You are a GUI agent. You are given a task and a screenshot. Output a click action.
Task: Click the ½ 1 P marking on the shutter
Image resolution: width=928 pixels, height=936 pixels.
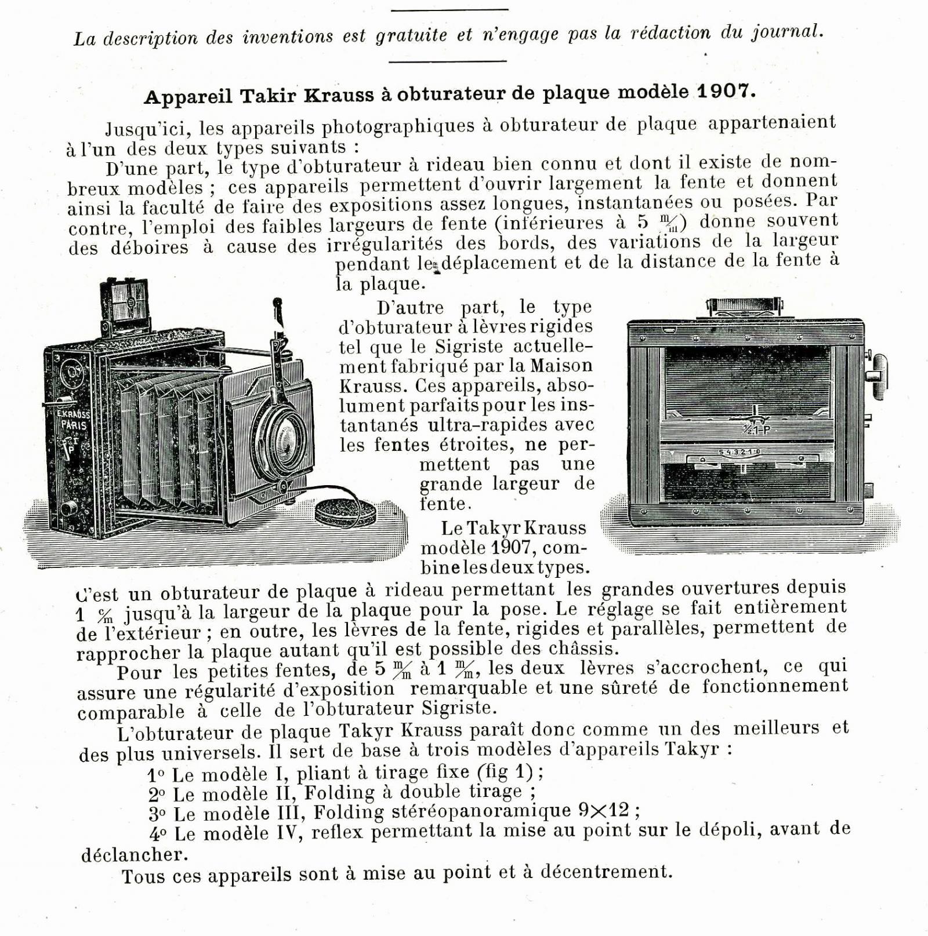(755, 429)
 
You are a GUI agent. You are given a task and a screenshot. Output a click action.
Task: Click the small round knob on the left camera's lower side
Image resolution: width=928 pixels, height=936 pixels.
(69, 507)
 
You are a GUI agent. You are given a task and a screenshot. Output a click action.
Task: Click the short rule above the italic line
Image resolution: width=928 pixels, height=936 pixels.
(449, 10)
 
